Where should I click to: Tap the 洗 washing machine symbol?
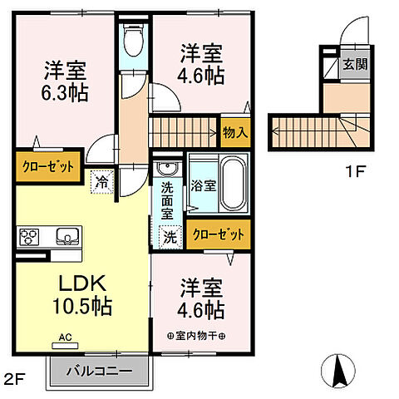pos(170,237)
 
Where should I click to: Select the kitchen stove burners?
pos(30,237)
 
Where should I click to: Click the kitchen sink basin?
pos(66,237)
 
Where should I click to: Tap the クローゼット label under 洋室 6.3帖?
pos(47,166)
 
